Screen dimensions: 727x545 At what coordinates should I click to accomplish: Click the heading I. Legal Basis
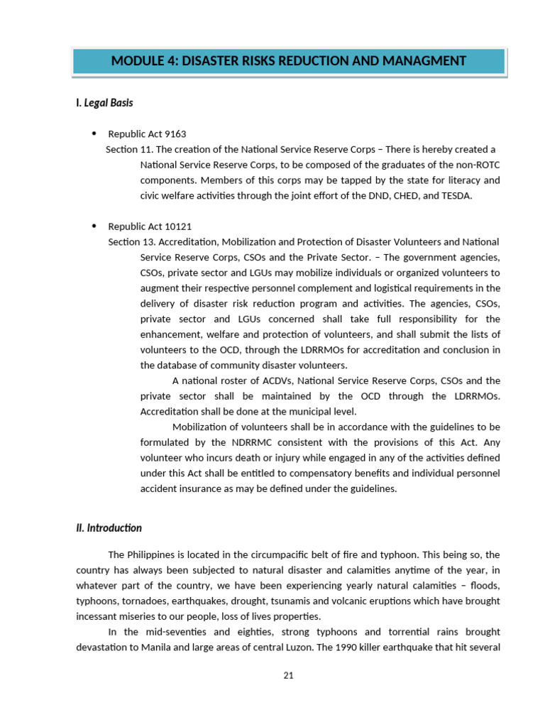point(104,103)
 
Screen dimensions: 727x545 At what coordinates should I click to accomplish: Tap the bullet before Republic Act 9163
point(94,133)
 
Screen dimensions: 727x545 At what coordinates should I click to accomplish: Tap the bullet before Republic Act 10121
point(94,226)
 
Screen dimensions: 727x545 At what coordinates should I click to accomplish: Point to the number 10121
point(177,226)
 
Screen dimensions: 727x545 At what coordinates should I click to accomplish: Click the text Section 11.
point(128,150)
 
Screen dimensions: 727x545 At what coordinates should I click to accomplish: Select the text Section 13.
point(131,242)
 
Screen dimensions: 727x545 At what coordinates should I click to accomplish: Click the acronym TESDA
point(456,196)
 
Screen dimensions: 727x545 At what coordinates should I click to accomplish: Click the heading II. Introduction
point(109,528)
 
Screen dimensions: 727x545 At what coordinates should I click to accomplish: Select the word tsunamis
point(282,601)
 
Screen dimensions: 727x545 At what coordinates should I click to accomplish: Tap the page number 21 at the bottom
point(288,675)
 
